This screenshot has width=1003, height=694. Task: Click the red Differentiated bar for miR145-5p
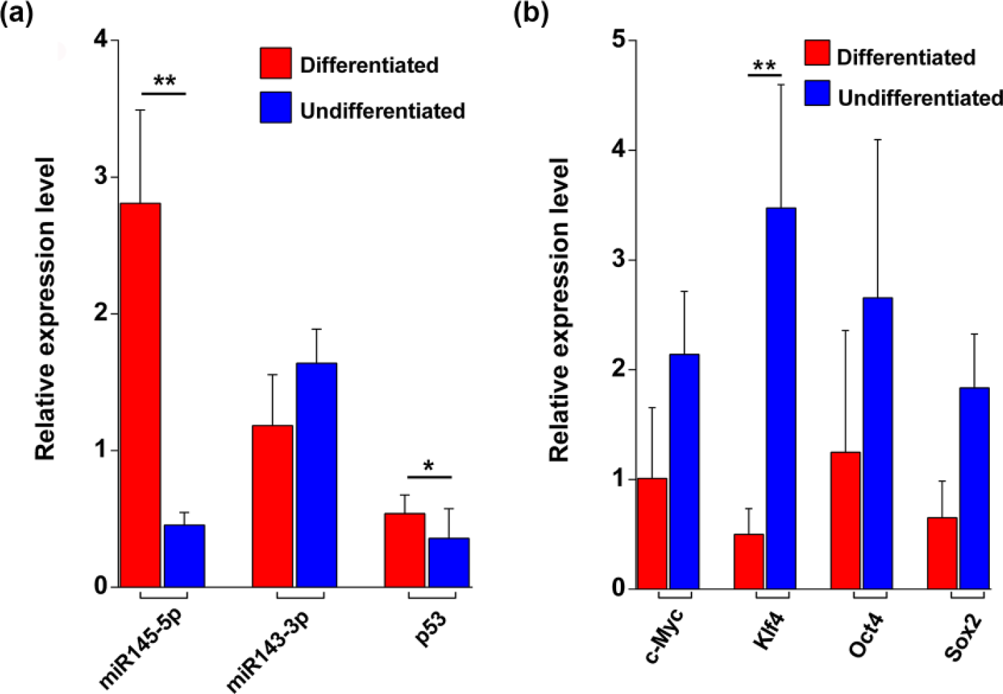pyautogui.click(x=140, y=394)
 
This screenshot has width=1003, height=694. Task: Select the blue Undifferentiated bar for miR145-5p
pyautogui.click(x=185, y=556)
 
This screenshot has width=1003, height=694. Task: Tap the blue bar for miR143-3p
pyautogui.click(x=316, y=475)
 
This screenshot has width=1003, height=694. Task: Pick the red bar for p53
pyautogui.click(x=405, y=550)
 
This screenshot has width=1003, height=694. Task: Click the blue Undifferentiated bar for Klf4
pyautogui.click(x=781, y=399)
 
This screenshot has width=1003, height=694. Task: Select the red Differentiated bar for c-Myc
pyautogui.click(x=652, y=533)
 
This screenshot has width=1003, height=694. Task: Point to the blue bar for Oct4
pyautogui.click(x=878, y=443)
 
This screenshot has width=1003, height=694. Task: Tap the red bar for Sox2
pyautogui.click(x=942, y=553)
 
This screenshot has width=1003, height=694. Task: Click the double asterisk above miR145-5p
pyautogui.click(x=165, y=82)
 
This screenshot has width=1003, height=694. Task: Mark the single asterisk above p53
pyautogui.click(x=428, y=466)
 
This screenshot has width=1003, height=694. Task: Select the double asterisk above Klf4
pyautogui.click(x=764, y=66)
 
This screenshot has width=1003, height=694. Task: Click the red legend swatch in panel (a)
pyautogui.click(x=275, y=63)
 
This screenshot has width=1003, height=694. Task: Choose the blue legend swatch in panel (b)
pyautogui.click(x=817, y=93)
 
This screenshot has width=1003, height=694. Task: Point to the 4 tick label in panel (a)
pyautogui.click(x=101, y=40)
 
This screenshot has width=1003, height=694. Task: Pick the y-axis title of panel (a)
pyautogui.click(x=45, y=309)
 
